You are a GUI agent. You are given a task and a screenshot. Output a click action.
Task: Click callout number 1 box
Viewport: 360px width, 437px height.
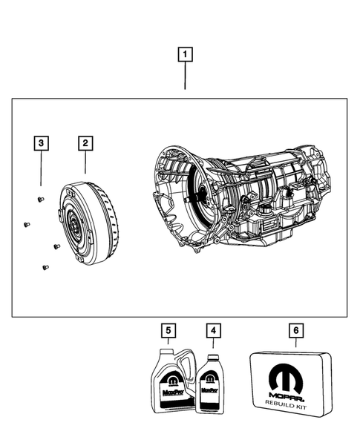(x=186, y=54)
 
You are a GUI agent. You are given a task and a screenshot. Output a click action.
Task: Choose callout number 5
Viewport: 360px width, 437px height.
(x=168, y=329)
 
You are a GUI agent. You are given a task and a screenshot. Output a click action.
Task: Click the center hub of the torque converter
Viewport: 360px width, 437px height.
(x=75, y=222)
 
